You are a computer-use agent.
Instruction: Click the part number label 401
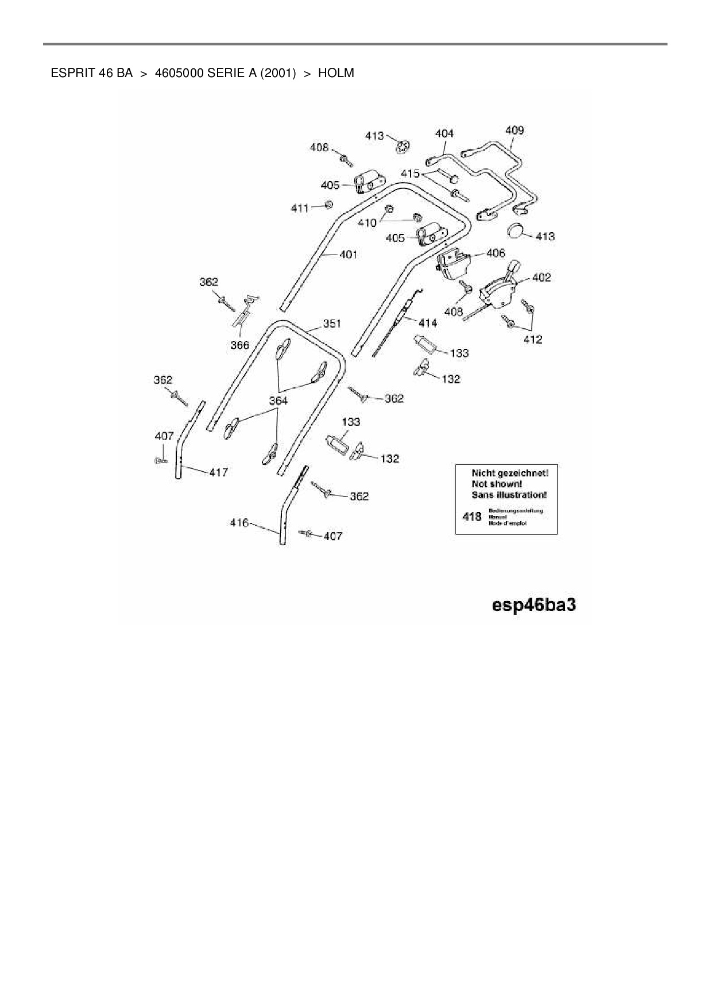coord(349,254)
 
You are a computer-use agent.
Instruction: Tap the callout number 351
coord(332,324)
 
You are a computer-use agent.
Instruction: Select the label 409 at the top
coord(514,130)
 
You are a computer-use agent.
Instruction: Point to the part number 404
coord(444,133)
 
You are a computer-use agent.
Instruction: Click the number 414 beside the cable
coord(428,323)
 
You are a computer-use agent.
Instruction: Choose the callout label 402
coord(541,277)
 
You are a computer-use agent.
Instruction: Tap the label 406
coord(496,253)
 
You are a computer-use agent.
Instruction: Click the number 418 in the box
coord(472,516)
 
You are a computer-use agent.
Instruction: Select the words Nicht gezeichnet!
coord(510,473)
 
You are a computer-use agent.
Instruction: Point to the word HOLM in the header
coord(336,73)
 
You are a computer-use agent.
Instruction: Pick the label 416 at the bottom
coord(239,522)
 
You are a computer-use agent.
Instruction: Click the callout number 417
coord(218,472)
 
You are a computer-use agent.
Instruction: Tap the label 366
coord(239,345)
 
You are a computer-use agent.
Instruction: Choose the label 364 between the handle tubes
coord(278,400)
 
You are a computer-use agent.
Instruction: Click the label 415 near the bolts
coord(410,173)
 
